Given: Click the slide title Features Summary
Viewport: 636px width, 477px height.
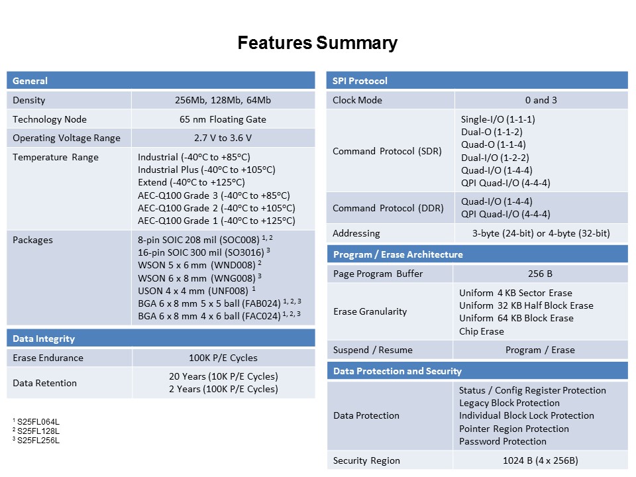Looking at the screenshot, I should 317,44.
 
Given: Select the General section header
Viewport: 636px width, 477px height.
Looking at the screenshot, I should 30,81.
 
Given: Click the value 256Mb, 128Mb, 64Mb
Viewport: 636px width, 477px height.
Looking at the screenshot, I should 223,101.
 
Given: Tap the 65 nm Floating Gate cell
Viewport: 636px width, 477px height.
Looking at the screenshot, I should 223,119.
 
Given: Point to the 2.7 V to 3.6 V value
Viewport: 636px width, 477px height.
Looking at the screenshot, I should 223,138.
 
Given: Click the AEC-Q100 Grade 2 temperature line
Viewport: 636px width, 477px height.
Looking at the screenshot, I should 216,208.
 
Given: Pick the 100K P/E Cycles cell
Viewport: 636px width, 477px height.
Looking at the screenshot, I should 223,358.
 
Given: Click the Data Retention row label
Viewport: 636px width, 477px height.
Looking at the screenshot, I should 44,383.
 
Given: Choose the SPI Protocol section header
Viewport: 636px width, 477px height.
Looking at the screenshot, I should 360,81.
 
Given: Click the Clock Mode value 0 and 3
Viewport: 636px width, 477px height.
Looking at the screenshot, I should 541,100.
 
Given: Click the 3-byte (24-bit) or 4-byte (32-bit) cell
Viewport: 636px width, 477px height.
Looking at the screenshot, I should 541,233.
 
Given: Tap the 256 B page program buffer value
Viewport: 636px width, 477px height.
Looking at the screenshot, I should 541,274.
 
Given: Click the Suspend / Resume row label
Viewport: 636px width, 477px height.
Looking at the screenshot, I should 372,350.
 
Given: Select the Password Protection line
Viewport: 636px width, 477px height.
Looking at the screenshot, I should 503,441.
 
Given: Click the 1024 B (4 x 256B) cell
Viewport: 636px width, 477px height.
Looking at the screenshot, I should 541,460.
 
